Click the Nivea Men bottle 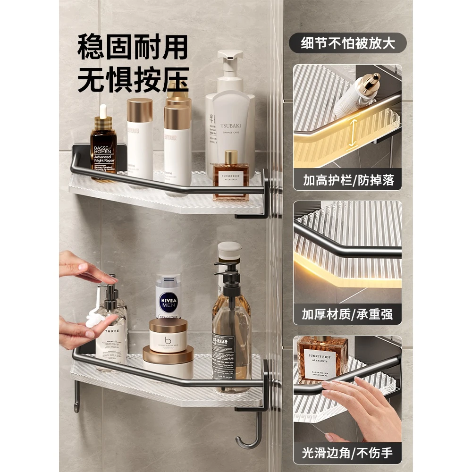coord(168,296)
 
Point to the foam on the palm coord(95,320)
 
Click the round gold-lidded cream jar coord(168,335)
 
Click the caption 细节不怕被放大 coord(348,43)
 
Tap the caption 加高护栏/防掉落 coord(347,180)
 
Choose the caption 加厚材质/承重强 coord(347,314)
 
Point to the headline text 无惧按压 coord(133,78)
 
